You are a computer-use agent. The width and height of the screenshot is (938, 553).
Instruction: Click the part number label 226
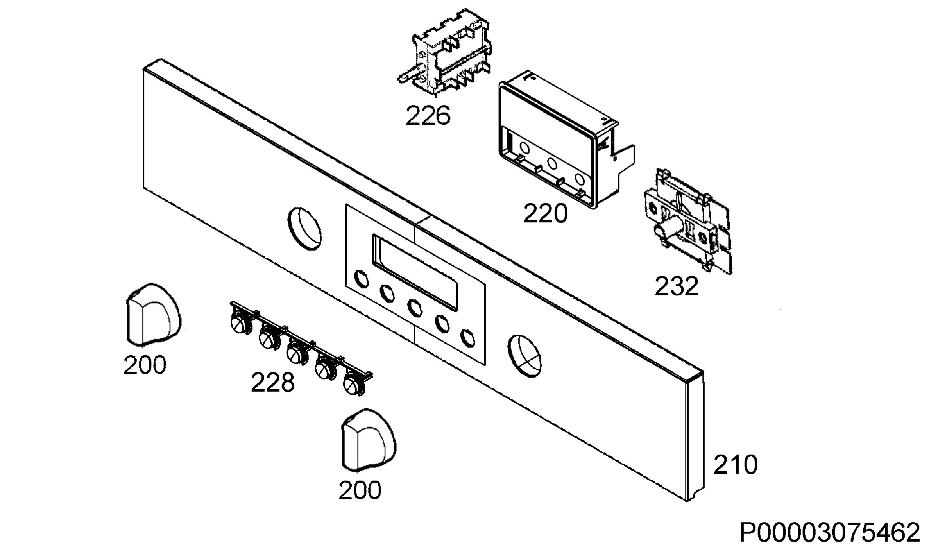tap(428, 116)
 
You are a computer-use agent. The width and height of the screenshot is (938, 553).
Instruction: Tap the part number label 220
tap(545, 214)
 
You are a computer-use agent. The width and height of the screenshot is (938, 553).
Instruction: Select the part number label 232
tap(677, 286)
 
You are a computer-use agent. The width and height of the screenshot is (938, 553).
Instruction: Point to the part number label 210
tap(736, 464)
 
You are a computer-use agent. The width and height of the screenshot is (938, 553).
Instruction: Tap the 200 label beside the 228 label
tap(145, 365)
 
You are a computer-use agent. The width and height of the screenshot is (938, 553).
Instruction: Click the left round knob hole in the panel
tap(304, 229)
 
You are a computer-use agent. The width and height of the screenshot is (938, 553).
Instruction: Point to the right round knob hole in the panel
tap(524, 356)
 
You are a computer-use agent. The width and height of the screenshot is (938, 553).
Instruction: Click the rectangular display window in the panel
tap(415, 272)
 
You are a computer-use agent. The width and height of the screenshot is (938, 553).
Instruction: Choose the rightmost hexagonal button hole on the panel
tap(467, 338)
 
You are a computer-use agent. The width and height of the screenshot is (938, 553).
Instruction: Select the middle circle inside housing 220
tap(552, 163)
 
